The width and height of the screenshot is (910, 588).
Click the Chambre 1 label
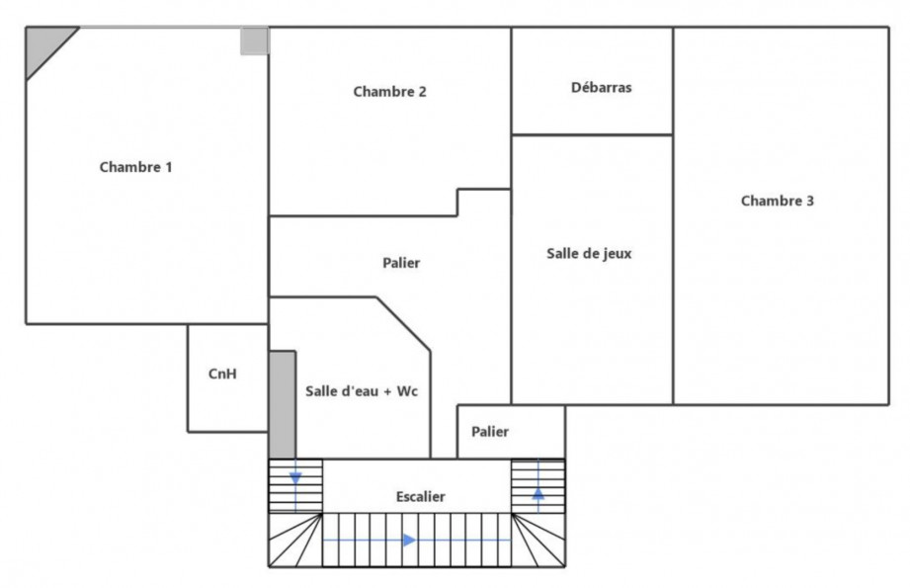pyautogui.click(x=136, y=167)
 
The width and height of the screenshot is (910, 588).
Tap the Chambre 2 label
pyautogui.click(x=389, y=92)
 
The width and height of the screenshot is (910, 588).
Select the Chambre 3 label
pyautogui.click(x=778, y=201)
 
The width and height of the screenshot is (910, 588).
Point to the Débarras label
pyautogui.click(x=601, y=87)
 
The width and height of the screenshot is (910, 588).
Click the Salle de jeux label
pyautogui.click(x=589, y=253)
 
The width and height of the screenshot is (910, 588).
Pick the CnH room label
pyautogui.click(x=222, y=374)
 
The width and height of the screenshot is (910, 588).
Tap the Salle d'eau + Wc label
pyautogui.click(x=362, y=391)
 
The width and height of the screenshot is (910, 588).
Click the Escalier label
pyautogui.click(x=419, y=496)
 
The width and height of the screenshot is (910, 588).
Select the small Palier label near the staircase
pyautogui.click(x=490, y=431)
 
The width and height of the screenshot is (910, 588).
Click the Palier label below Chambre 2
pyautogui.click(x=401, y=263)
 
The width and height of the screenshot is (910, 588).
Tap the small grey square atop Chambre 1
pyautogui.click(x=254, y=42)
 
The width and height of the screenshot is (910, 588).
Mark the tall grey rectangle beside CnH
pyautogui.click(x=282, y=404)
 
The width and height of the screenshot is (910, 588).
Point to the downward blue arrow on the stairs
pyautogui.click(x=294, y=480)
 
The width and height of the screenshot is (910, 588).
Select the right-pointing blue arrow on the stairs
pyautogui.click(x=408, y=541)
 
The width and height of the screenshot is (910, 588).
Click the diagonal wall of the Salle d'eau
pyautogui.click(x=404, y=323)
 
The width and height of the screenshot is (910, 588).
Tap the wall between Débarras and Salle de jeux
pyautogui.click(x=592, y=134)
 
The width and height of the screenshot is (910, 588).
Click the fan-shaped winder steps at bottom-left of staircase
pyautogui.click(x=294, y=541)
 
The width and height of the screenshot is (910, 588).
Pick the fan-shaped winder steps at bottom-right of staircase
pyautogui.click(x=538, y=541)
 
